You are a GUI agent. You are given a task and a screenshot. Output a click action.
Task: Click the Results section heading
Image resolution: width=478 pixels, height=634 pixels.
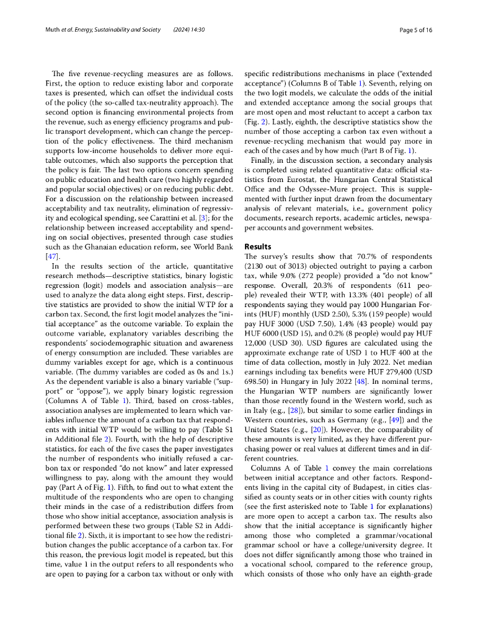258,246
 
